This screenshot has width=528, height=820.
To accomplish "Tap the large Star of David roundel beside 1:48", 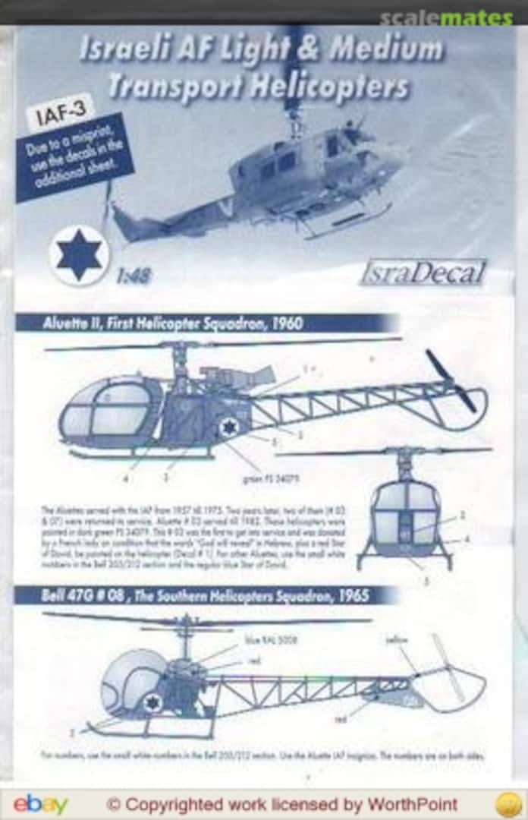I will (80, 255).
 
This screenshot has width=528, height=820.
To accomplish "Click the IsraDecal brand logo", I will (423, 273).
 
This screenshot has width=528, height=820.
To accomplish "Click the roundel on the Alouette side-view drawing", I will (228, 427).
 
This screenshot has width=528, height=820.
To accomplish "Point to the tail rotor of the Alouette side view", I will (451, 381).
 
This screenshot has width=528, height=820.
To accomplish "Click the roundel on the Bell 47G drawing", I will (152, 702).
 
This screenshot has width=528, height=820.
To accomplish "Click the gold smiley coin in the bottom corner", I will (508, 804).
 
